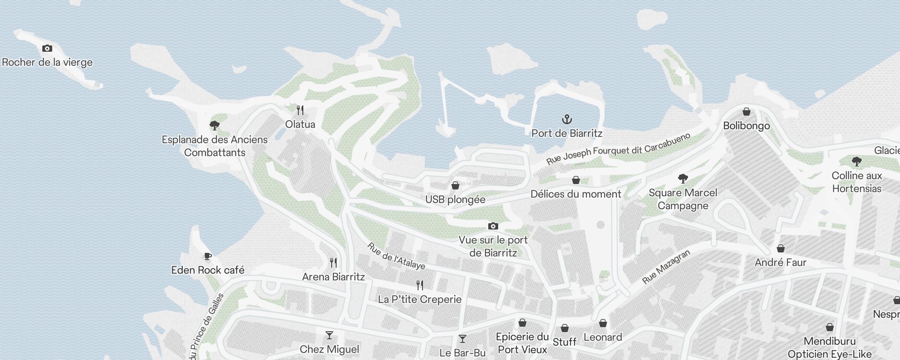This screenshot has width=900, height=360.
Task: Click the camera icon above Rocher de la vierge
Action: (x=47, y=49)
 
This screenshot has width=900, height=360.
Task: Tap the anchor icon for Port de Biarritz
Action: (x=567, y=120)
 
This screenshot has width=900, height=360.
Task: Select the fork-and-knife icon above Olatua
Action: (x=300, y=110)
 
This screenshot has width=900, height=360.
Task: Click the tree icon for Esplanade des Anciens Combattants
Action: (x=215, y=126)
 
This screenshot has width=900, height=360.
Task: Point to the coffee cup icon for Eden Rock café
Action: (x=207, y=256)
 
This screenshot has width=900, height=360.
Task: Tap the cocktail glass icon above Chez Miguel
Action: (x=329, y=336)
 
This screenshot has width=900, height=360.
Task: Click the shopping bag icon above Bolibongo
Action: (x=747, y=112)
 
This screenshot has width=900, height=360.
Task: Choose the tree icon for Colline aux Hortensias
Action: (x=856, y=162)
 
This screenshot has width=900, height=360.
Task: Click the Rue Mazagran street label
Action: (x=666, y=267)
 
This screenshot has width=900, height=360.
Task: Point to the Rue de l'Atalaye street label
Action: (x=396, y=256)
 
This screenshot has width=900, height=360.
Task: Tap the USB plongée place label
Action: (x=455, y=199)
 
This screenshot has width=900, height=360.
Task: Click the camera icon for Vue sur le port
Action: (x=493, y=226)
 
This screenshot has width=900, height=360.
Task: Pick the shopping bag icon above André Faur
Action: (x=781, y=249)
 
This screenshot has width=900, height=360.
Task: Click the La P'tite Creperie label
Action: (x=420, y=299)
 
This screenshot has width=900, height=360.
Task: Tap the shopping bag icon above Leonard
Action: (x=603, y=324)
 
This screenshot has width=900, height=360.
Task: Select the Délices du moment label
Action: (x=576, y=194)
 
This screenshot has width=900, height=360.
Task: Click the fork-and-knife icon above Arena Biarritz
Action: (x=333, y=263)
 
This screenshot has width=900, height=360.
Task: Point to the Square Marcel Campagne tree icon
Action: (x=683, y=179)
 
